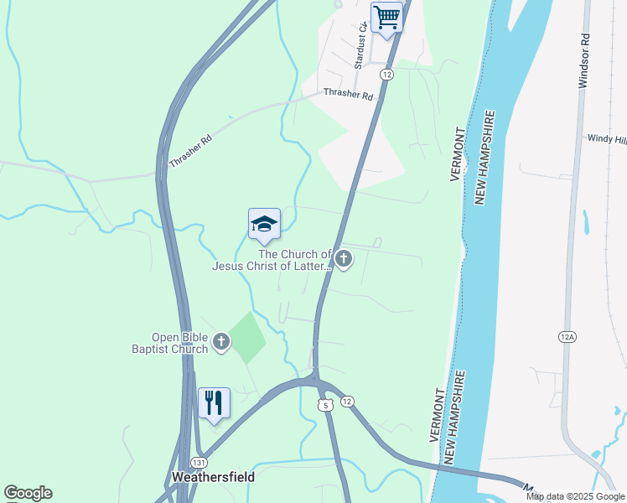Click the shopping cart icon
pyautogui.click(x=386, y=17)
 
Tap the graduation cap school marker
pyautogui.click(x=264, y=224)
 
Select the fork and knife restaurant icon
pyautogui.click(x=214, y=403)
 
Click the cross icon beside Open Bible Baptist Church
pyautogui.click(x=221, y=341)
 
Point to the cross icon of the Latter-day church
pyautogui.click(x=344, y=259)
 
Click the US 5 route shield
pyautogui.click(x=324, y=404)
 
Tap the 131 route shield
pyautogui.click(x=199, y=463)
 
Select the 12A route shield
pyautogui.click(x=567, y=336)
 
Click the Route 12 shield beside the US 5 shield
pyautogui.click(x=347, y=402)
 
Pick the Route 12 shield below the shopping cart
pyautogui.click(x=386, y=75)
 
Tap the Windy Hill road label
pyautogui.click(x=606, y=138)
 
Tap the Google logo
pyautogui.click(x=28, y=493)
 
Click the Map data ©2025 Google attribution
pyautogui.click(x=575, y=496)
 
